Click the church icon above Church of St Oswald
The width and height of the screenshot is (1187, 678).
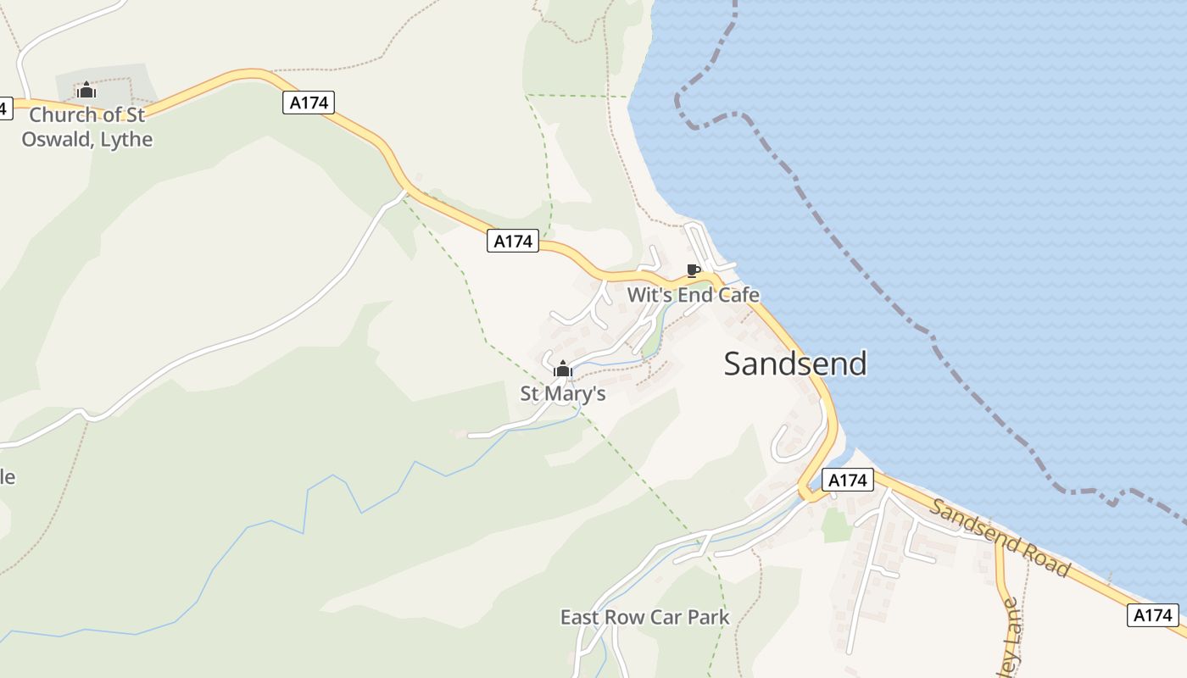(86, 90)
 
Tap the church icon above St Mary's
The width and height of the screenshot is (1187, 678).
(563, 369)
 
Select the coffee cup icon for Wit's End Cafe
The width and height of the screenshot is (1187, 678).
(693, 271)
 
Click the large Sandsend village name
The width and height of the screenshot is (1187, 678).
(795, 364)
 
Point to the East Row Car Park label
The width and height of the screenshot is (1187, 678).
(644, 617)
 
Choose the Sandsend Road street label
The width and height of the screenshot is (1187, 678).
(1000, 537)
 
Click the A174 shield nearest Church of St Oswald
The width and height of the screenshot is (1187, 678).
(309, 103)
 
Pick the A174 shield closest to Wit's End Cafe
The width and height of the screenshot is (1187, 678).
(513, 241)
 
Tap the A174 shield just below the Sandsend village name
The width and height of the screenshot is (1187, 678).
(848, 480)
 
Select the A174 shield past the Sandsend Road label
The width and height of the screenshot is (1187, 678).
(1153, 615)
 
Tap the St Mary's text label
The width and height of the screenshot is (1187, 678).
(563, 393)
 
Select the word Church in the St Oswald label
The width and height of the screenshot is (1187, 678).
(64, 114)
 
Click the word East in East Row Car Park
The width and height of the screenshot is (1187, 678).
(580, 617)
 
